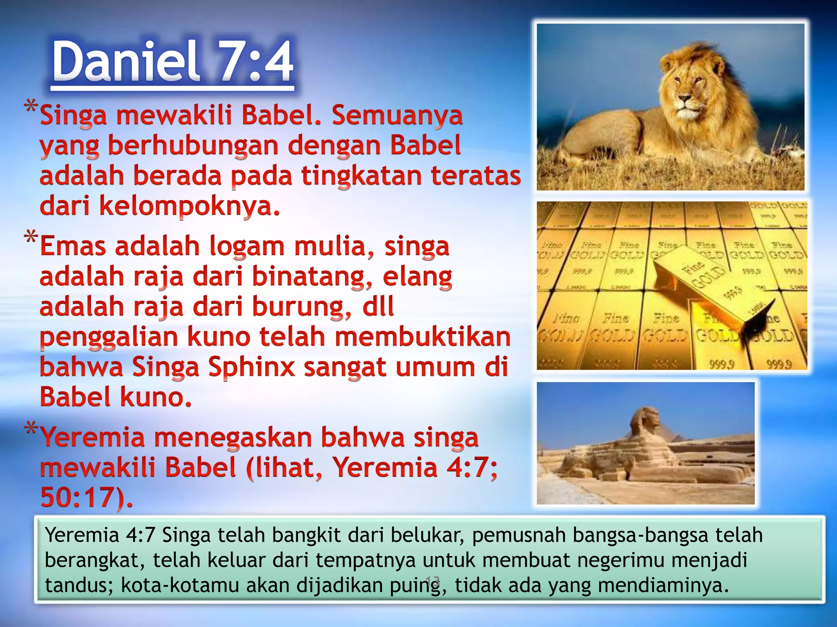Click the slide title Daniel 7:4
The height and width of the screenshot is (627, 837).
173,62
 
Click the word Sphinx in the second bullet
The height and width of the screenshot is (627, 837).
251,367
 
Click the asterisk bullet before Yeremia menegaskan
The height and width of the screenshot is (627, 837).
31,430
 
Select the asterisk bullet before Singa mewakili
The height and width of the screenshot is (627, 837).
31,107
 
